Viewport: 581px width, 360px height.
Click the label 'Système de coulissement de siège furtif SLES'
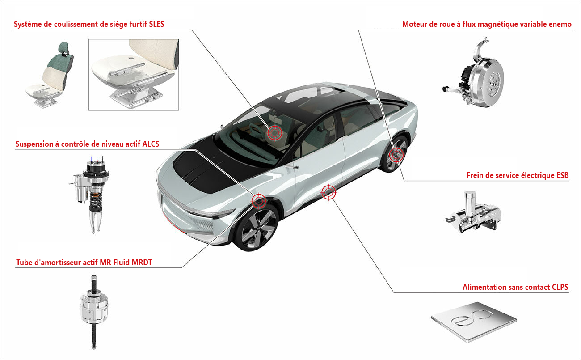pyautogui.click(x=89, y=24)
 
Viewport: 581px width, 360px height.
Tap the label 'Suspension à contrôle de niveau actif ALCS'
pyautogui.click(x=87, y=144)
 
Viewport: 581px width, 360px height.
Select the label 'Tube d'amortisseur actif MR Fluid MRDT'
pyautogui.click(x=84, y=263)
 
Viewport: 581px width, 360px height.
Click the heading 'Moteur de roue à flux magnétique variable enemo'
pyautogui.click(x=487, y=24)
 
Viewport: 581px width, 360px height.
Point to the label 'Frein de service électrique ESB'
pyautogui.click(x=518, y=175)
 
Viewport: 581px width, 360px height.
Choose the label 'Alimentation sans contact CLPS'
pyautogui.click(x=515, y=287)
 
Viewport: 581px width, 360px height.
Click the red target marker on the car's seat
pyautogui.click(x=274, y=132)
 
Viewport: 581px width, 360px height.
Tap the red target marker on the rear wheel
pyautogui.click(x=396, y=155)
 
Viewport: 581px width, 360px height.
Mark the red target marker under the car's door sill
pyautogui.click(x=328, y=192)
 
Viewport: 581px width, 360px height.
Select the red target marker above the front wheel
pyautogui.click(x=259, y=201)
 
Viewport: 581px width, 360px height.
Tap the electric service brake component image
pyautogui.click(x=474, y=215)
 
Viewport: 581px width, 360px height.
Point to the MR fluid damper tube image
pyautogui.click(x=93, y=309)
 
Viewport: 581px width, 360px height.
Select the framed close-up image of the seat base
pyautogui.click(x=133, y=74)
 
